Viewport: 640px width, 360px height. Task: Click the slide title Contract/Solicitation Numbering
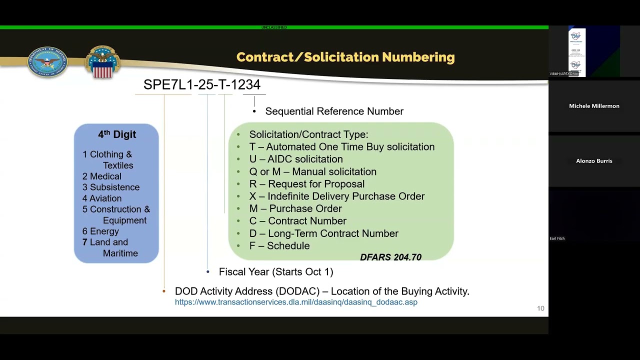click(345, 57)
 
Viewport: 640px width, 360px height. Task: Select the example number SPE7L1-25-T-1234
click(202, 85)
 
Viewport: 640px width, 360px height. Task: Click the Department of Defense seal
click(47, 62)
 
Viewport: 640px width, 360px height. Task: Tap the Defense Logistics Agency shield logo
click(102, 62)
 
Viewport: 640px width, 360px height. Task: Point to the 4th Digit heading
click(117, 134)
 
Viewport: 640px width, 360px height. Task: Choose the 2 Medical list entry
click(102, 176)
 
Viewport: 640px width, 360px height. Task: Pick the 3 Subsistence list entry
click(111, 187)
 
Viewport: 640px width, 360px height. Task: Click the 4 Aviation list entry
click(102, 198)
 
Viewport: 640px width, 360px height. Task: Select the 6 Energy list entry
click(100, 231)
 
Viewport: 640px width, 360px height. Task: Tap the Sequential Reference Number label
click(334, 111)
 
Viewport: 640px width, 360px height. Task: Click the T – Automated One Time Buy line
click(342, 147)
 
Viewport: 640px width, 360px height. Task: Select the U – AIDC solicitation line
click(296, 159)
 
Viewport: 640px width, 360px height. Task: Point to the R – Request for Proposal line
click(307, 184)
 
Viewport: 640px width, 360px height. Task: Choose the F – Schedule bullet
click(279, 246)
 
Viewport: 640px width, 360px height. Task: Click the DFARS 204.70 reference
click(390, 257)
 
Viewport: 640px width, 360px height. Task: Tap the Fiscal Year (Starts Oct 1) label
click(276, 272)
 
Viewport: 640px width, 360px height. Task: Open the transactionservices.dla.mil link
click(296, 302)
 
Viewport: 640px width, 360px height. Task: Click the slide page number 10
click(540, 308)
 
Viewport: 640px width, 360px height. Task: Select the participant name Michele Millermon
click(594, 106)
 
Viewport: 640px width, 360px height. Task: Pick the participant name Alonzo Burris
click(594, 161)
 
